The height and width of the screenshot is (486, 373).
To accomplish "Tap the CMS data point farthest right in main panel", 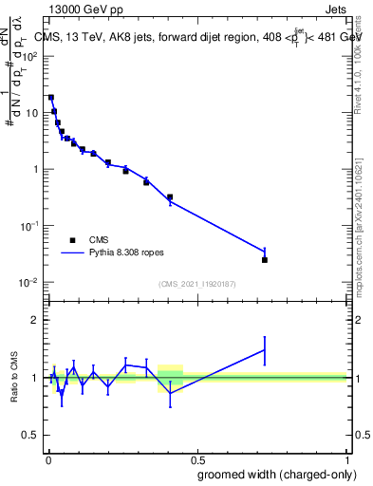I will [x=265, y=259].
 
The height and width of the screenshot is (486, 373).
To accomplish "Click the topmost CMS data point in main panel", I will [x=51, y=97].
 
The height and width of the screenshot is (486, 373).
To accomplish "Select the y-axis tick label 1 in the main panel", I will [x=35, y=169].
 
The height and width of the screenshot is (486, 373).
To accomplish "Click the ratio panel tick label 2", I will [x=35, y=320].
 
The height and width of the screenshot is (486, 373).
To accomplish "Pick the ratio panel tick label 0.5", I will [x=31, y=435].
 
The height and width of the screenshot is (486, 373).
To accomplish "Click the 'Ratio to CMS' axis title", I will [x=14, y=377].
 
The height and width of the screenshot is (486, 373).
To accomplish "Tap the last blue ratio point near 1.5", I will [x=265, y=349].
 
